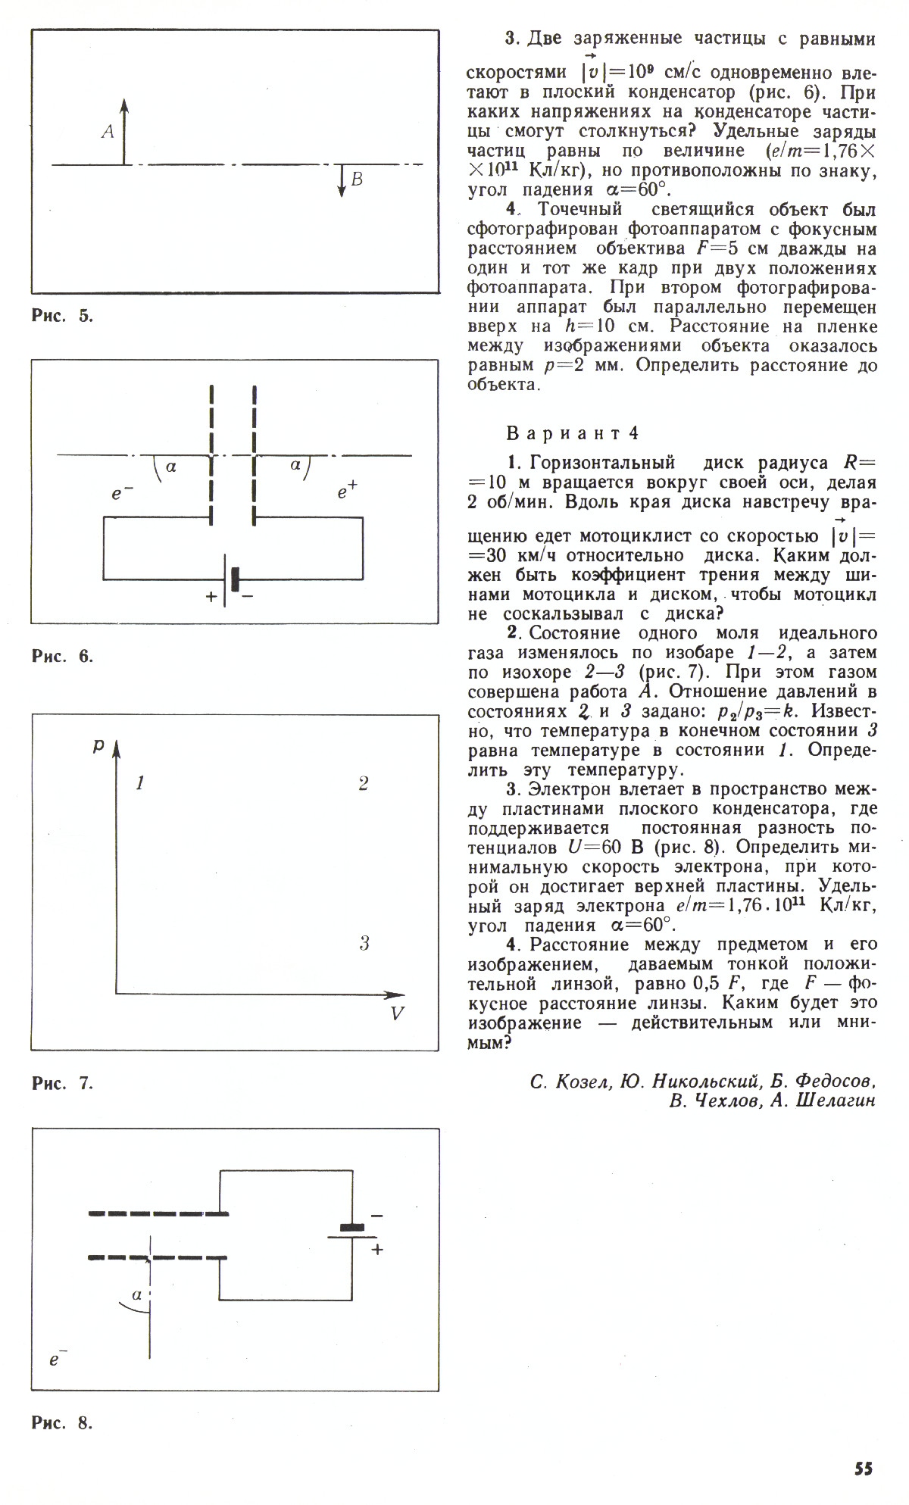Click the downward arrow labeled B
tap(342, 181)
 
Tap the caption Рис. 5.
tap(62, 316)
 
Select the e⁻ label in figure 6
tap(122, 494)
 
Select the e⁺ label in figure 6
tap(347, 493)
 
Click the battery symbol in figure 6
tap(230, 580)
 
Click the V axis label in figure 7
tap(397, 1013)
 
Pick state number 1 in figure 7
tap(140, 783)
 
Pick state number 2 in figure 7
tap(364, 783)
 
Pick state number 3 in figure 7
tap(364, 943)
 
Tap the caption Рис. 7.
tap(62, 1083)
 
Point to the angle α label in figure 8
tap(137, 1294)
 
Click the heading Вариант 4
tap(572, 433)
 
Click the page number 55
tap(864, 1469)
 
